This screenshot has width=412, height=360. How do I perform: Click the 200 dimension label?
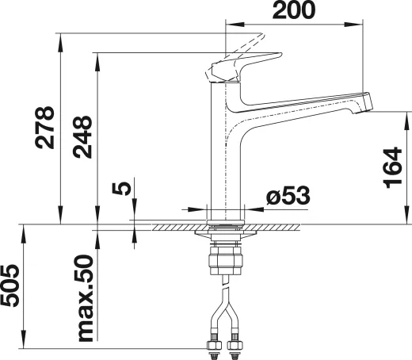coord(294,10)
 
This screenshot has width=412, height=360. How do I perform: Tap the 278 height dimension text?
coord(44,128)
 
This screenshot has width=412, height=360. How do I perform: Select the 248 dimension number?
coord(82,137)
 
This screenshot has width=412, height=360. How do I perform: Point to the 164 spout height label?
coord(392,167)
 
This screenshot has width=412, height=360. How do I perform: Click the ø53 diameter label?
coord(288,196)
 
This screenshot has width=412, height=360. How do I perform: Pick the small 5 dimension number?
coord(121,189)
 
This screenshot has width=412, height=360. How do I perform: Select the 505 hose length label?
coord(10,286)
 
